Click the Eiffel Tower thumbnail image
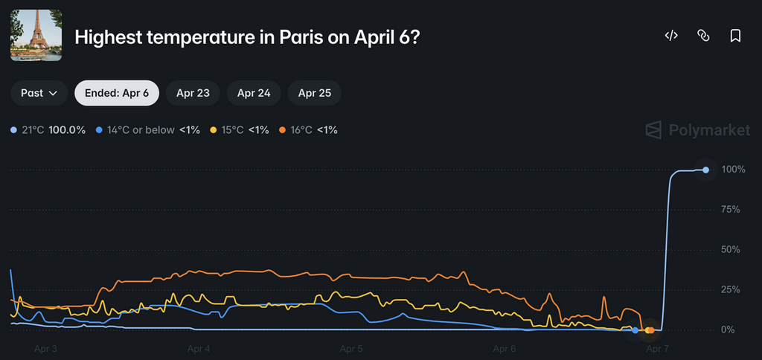tap(36, 36)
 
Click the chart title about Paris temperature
tap(246, 36)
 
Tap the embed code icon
tap(670, 36)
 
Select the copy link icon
tap(702, 36)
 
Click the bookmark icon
tap(735, 36)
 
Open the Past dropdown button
tap(39, 93)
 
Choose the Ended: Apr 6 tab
tap(117, 93)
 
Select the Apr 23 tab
tap(193, 93)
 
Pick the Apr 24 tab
tap(254, 93)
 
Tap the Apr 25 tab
tap(314, 93)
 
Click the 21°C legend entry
tap(49, 130)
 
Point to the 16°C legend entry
tap(308, 130)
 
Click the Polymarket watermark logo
tap(697, 130)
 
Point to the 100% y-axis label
tap(733, 170)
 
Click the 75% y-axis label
tap(734, 210)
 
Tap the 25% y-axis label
tap(734, 289)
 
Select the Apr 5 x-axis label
tap(351, 348)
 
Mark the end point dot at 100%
tap(705, 170)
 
